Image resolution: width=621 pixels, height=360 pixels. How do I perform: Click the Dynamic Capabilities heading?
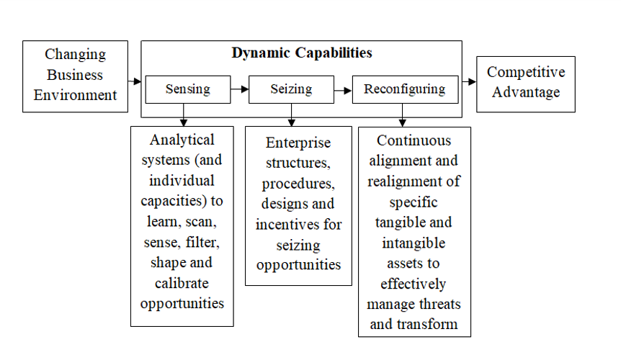(x=302, y=53)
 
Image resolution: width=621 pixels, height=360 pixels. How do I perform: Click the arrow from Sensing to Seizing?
(x=240, y=89)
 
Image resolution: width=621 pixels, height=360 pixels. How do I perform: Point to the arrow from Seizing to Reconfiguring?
(x=343, y=91)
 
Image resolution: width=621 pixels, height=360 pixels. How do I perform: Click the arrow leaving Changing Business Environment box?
(x=135, y=81)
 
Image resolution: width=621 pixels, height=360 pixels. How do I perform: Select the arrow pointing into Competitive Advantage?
(x=469, y=81)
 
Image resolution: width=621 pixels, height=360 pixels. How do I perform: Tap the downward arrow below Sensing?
(x=184, y=114)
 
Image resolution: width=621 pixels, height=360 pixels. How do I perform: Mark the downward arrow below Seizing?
(x=292, y=114)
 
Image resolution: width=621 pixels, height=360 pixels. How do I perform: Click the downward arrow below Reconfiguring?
(x=403, y=115)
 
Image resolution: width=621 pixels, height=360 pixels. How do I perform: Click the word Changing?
(x=75, y=55)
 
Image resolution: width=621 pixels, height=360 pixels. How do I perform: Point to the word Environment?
(x=75, y=95)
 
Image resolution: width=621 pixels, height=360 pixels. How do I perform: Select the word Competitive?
(x=526, y=73)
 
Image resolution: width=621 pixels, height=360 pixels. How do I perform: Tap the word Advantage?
(x=526, y=92)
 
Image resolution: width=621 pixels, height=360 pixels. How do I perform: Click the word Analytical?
(x=182, y=140)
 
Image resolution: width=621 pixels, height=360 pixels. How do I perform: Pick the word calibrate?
(x=182, y=283)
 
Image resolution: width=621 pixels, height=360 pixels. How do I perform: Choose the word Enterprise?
(x=298, y=143)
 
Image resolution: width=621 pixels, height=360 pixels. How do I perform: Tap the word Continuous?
(x=414, y=140)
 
